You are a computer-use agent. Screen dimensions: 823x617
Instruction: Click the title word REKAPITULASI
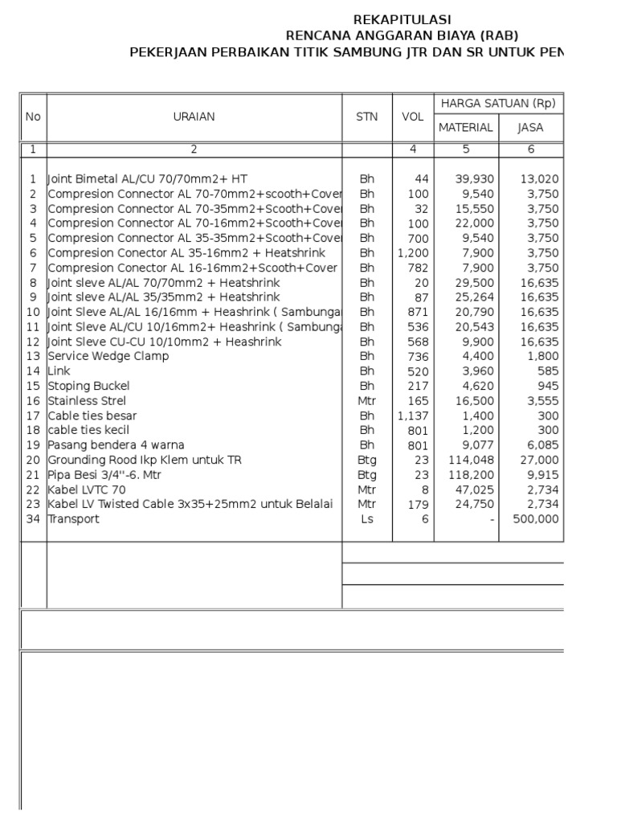(x=402, y=19)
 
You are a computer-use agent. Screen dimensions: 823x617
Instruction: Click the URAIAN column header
(x=194, y=117)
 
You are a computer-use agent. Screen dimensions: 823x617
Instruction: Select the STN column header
(x=366, y=117)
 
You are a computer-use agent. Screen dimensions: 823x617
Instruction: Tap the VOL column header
(x=412, y=117)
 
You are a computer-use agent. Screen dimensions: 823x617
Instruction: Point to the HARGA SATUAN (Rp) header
(x=498, y=103)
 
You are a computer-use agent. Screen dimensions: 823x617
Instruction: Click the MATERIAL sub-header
(x=465, y=128)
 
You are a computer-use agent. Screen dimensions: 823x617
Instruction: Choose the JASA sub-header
(x=530, y=128)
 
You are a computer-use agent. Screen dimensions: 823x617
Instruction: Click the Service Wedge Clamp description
(x=108, y=356)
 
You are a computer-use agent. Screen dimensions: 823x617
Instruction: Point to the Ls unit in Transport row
(x=366, y=519)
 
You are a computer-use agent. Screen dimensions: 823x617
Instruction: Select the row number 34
(x=32, y=519)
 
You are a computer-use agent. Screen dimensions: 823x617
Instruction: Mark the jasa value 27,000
(x=541, y=460)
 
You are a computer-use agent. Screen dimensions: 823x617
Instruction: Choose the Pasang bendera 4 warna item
(x=116, y=445)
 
